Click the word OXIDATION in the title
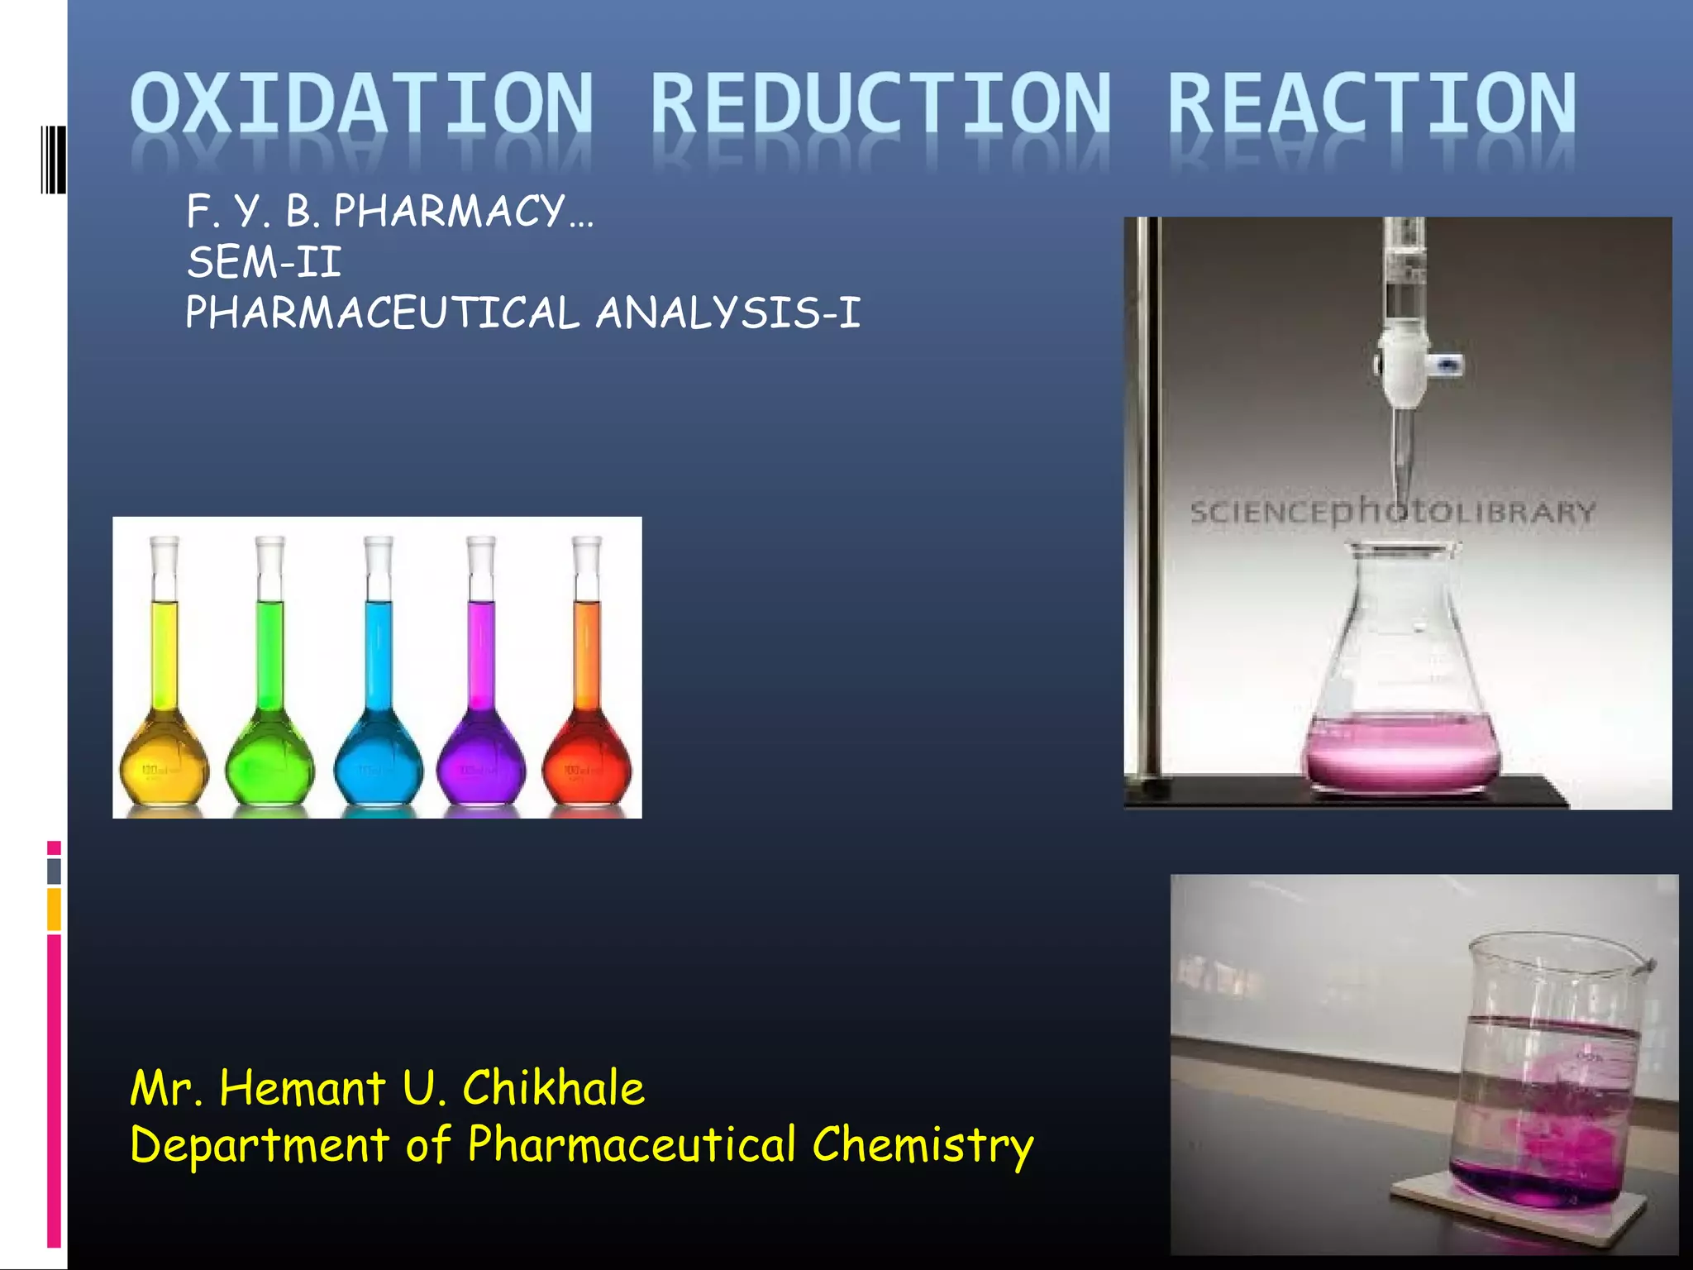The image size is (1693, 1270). pos(361,103)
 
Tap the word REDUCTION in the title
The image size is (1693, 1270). pos(881,103)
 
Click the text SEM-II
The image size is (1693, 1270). pos(264,263)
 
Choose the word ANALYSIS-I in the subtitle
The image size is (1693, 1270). pos(728,313)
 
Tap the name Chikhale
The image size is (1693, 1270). pos(553,1087)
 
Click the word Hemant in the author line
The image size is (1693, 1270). pos(303,1087)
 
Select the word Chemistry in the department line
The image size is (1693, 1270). pos(923,1145)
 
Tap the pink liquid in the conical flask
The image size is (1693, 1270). pos(1401,752)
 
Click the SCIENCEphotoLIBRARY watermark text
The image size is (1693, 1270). pos(1393,512)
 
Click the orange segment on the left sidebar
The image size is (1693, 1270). pos(54,910)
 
